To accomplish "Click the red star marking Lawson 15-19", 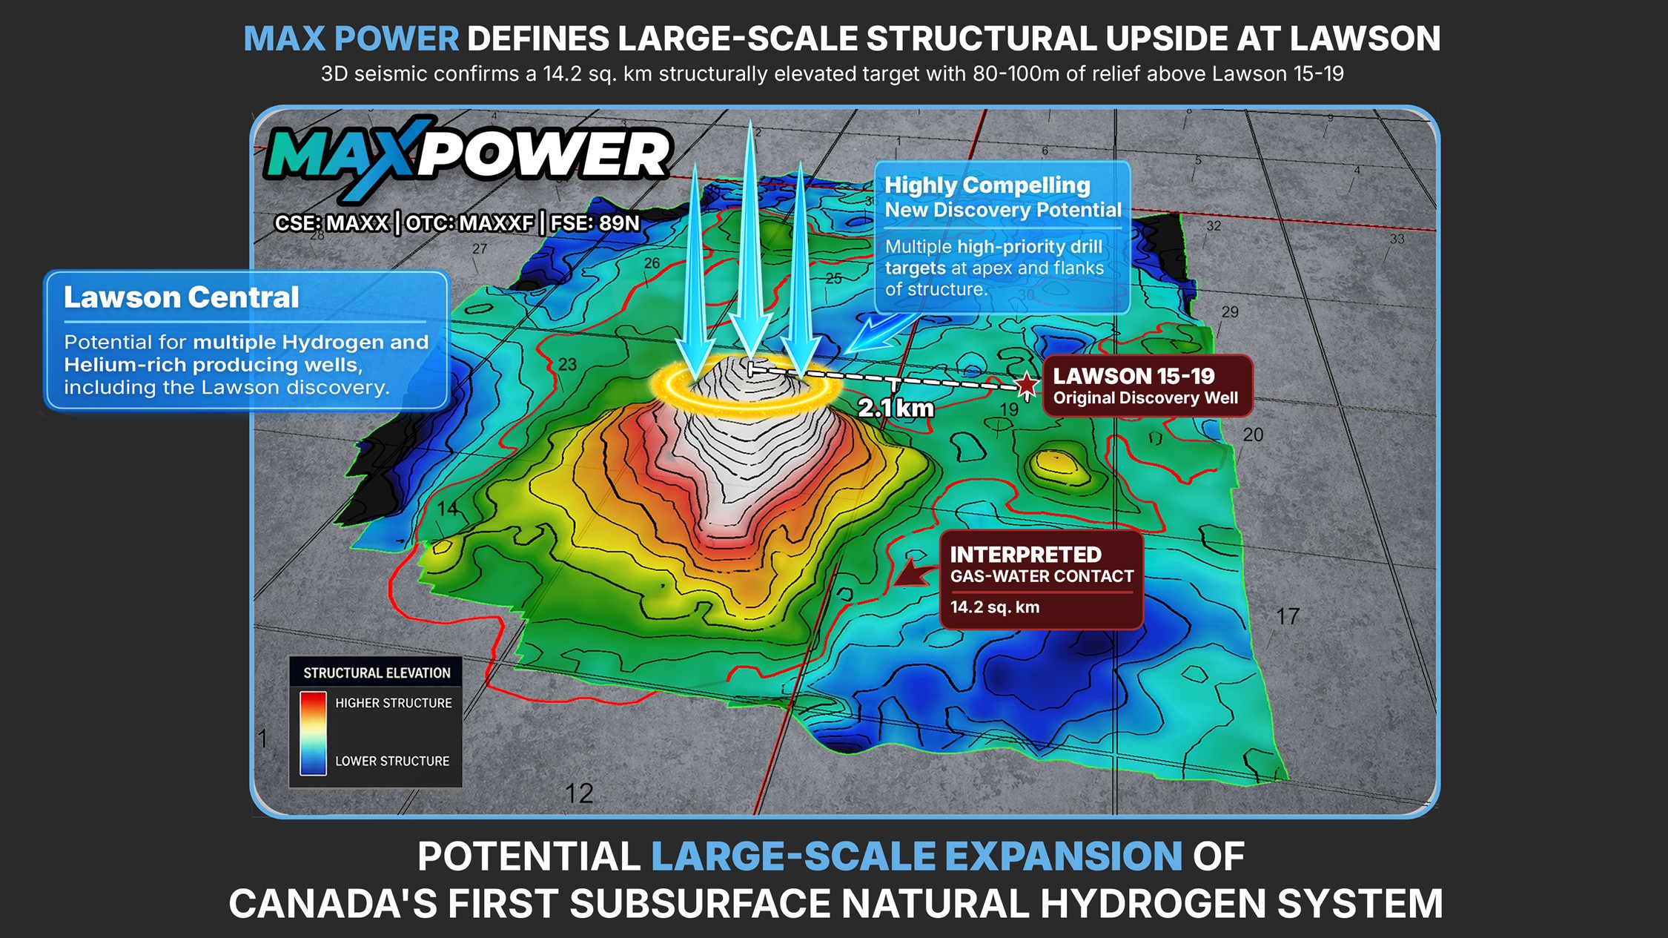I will (x=1027, y=384).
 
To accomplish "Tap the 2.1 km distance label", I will (x=896, y=408).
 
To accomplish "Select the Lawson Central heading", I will (x=181, y=297).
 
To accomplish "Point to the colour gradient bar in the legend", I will (x=313, y=733).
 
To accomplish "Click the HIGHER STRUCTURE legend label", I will (x=393, y=703).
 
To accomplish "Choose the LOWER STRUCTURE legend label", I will (x=392, y=761).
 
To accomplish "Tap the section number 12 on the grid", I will (x=579, y=794).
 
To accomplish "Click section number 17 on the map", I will (x=1287, y=616).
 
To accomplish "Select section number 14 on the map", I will (x=448, y=509).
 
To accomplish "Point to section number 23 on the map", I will (x=567, y=365).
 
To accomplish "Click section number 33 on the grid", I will (x=1397, y=239).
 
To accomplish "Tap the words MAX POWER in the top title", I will (x=351, y=39).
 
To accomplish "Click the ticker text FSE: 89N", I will (x=595, y=223).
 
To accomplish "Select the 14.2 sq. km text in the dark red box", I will (x=995, y=607).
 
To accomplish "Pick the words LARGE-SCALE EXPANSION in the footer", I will (x=916, y=856).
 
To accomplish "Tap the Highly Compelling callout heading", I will (x=987, y=185).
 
